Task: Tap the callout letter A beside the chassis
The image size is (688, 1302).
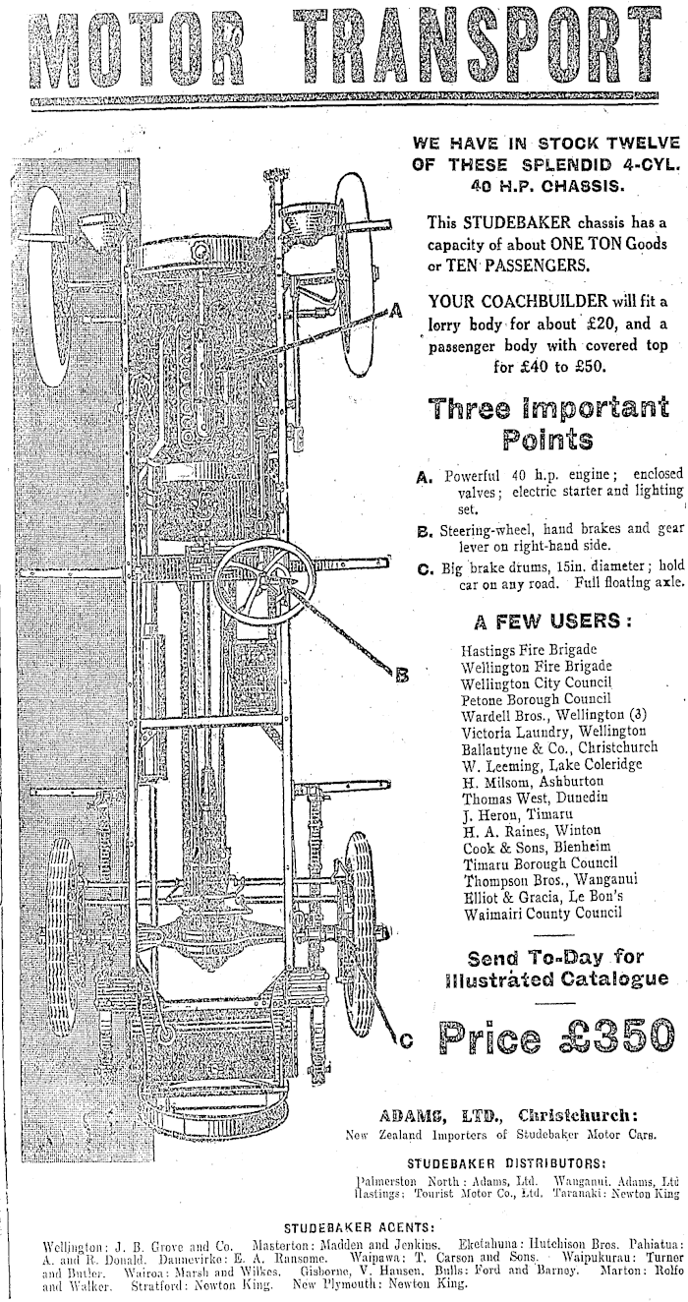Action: (396, 311)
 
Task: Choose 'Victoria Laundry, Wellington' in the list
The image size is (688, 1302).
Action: (553, 731)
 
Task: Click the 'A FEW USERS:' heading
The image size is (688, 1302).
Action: (551, 621)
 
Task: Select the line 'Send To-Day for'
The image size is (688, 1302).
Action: (556, 957)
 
